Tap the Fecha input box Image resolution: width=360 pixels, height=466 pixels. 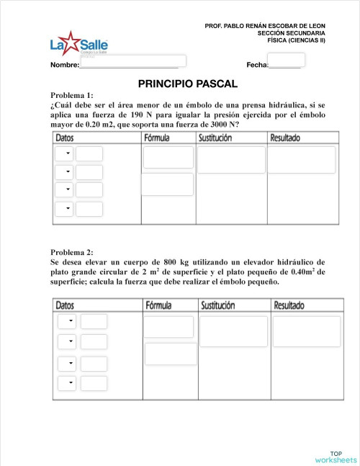(290, 60)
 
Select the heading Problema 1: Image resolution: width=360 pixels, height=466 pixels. (72, 95)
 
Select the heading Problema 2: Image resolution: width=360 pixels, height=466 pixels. (72, 252)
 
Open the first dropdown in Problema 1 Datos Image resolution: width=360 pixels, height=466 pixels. (66, 153)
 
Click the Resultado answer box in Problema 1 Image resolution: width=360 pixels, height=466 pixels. (302, 160)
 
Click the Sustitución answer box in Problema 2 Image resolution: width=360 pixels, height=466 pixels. (233, 331)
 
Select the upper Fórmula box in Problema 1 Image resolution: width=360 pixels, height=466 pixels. (168, 157)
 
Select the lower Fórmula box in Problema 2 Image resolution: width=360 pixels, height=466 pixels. (171, 354)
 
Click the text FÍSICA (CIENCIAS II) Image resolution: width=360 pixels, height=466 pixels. (296, 40)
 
